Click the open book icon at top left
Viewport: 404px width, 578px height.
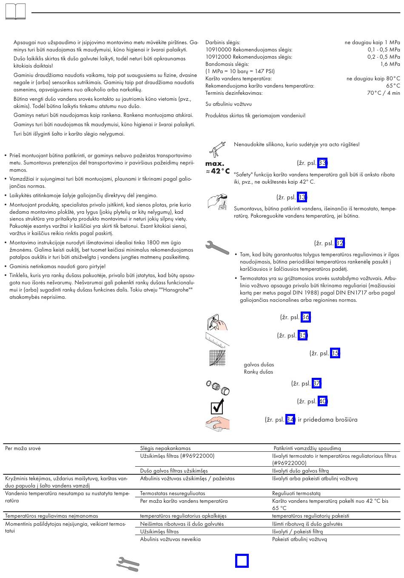(15, 11)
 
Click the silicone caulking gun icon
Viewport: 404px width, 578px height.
(217, 149)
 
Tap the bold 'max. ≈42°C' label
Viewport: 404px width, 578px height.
(217, 167)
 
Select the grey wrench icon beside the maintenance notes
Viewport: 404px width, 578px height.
(217, 247)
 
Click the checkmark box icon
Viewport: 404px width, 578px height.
(217, 406)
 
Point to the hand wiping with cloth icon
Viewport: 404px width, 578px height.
(217, 423)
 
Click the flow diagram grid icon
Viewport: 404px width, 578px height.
(217, 358)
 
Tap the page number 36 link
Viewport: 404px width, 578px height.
(305, 317)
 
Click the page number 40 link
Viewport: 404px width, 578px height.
(322, 401)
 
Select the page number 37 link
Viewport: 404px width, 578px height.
(316, 383)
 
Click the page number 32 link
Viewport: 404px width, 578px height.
(339, 243)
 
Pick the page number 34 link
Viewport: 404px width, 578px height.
(290, 419)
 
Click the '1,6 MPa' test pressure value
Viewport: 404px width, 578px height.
(390, 64)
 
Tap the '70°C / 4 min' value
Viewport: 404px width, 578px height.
(383, 93)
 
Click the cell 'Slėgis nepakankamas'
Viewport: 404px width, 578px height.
(165, 448)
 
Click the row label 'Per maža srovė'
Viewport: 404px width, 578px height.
(23, 448)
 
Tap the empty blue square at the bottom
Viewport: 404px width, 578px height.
(242, 561)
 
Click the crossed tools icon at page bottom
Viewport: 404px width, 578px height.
(128, 564)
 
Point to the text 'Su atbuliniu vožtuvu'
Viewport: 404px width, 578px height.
(228, 104)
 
